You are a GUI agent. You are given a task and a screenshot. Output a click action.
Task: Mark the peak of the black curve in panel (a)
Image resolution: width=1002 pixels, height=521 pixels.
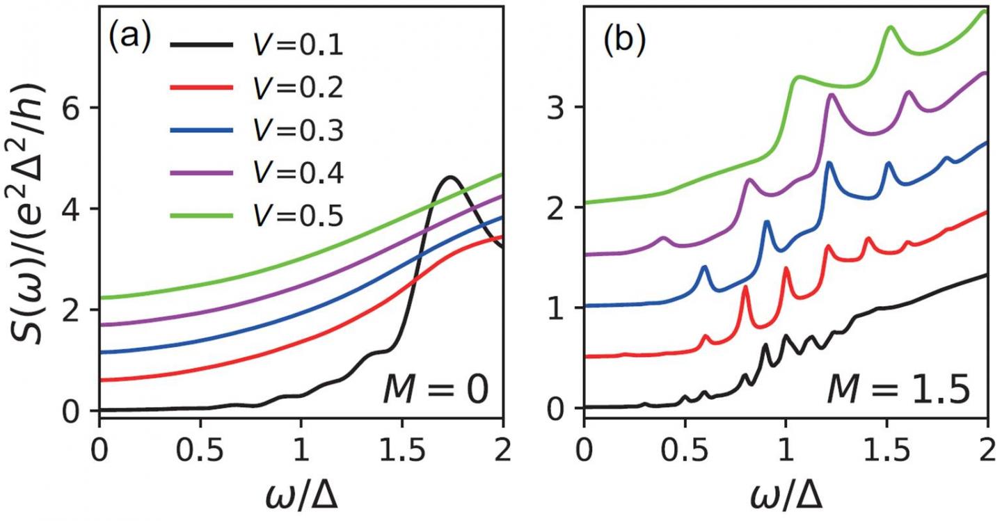tap(450, 177)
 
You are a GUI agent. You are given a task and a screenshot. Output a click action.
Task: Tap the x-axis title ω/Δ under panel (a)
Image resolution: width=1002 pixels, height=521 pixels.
tap(301, 497)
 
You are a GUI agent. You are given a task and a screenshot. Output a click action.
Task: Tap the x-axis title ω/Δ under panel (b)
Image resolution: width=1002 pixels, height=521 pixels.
tap(786, 497)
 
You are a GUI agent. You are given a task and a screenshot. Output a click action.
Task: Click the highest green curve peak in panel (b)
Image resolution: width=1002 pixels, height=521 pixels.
tap(890, 27)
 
